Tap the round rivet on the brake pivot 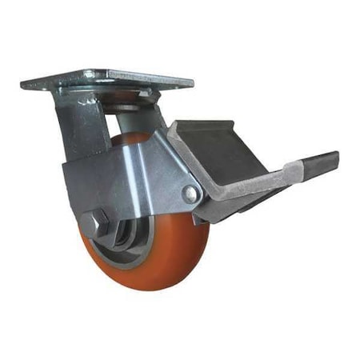tap(190, 194)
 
